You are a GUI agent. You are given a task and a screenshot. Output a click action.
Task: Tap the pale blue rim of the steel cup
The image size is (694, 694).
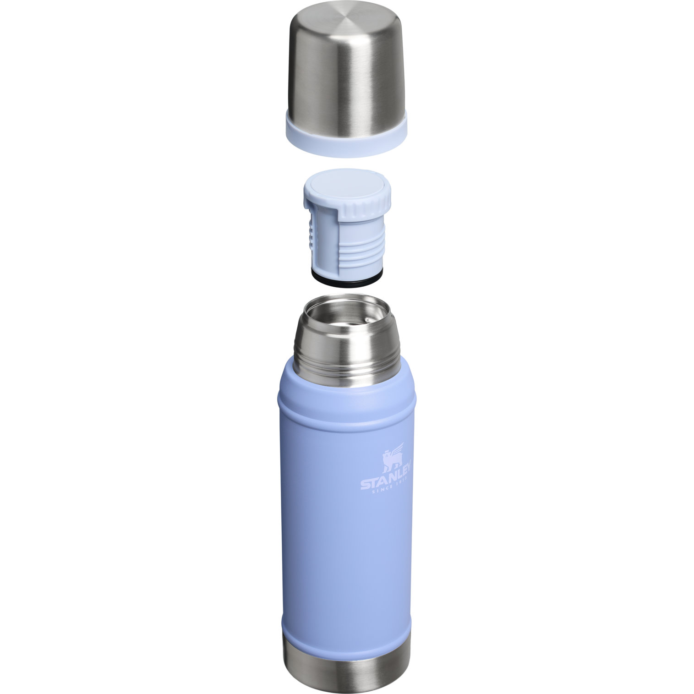[347, 142]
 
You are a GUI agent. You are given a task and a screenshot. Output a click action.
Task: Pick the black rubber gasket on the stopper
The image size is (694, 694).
[347, 280]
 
